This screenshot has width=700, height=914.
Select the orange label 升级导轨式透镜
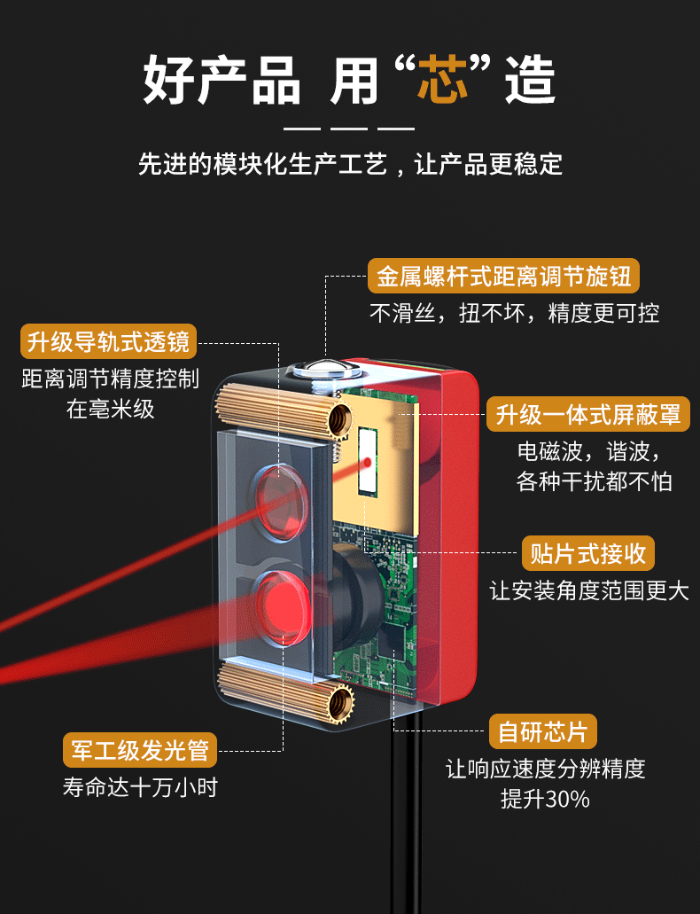point(108,341)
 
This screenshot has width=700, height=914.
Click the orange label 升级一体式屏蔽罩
point(588,413)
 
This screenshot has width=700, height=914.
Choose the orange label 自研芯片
point(542,732)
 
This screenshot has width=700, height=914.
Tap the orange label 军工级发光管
point(139,751)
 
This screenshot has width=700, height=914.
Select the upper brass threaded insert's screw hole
point(338,417)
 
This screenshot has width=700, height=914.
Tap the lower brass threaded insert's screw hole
point(338,705)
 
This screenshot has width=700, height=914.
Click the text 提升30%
point(545,799)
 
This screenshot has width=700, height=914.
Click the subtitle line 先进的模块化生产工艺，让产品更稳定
point(350,164)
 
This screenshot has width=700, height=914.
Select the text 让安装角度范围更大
point(588,590)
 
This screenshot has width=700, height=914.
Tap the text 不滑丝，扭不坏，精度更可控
point(514,313)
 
